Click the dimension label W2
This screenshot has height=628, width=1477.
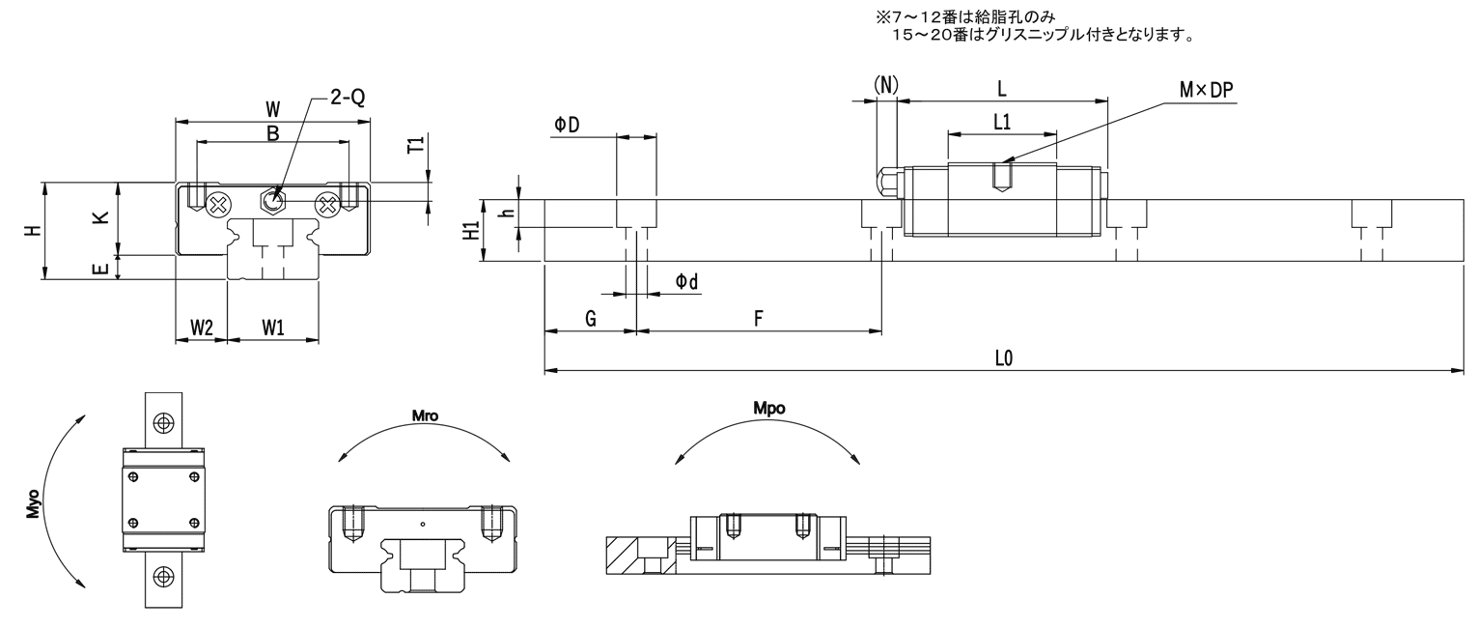coord(202,328)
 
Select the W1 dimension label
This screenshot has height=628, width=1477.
coord(273,328)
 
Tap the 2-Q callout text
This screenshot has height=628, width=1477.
coord(348,98)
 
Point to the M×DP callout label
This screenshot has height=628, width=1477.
coord(1206,91)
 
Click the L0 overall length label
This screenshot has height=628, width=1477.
coord(1004,358)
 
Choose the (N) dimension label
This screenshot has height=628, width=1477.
coord(885,85)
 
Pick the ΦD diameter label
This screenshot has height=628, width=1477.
coord(567,125)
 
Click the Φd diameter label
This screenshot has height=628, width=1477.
coord(686,282)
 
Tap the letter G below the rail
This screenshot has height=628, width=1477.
coord(591,319)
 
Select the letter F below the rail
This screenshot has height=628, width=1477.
coord(758,319)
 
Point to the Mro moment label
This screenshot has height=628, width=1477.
coord(425,415)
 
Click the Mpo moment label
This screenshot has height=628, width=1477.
coord(768,409)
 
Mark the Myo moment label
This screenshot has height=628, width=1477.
coord(33,504)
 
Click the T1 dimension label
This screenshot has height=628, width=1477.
coord(415,145)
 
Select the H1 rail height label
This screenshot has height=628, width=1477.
coord(471,231)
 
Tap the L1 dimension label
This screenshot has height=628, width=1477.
coord(1002,122)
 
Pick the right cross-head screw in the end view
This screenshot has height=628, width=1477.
coord(327,205)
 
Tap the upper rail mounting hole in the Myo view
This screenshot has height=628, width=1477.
coord(163,422)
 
